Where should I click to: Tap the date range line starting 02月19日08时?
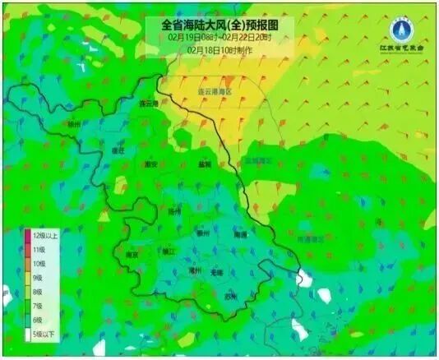tap(219, 38)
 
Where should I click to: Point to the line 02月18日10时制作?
tap(219, 50)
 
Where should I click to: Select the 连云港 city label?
tap(148, 104)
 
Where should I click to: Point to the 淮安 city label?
tap(150, 164)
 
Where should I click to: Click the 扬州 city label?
tap(173, 211)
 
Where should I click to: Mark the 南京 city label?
tap(132, 255)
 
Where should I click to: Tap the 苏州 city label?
tap(231, 295)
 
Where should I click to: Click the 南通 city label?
tap(240, 234)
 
